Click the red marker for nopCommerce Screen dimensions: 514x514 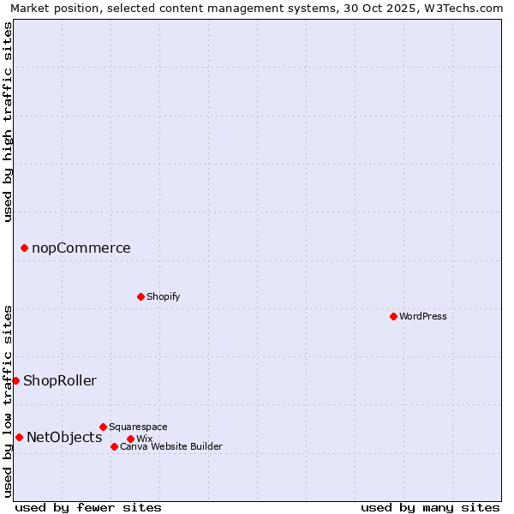click(24, 248)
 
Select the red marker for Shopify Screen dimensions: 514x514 click(140, 296)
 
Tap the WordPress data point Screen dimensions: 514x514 click(393, 316)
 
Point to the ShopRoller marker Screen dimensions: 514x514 click(15, 380)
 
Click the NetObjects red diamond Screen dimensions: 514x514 click(19, 438)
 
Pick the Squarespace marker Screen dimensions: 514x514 click(103, 427)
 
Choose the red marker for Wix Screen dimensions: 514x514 click(130, 439)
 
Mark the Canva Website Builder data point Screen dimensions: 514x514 click(114, 446)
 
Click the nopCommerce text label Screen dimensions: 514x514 click(81, 248)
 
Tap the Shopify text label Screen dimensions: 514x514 click(163, 296)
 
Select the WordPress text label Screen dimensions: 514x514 click(423, 316)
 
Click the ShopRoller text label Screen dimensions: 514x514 click(60, 380)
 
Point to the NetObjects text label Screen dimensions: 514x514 click(64, 438)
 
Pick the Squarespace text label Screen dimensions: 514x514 click(138, 427)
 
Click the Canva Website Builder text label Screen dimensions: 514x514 click(171, 446)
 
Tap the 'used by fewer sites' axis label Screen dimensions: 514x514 click(88, 507)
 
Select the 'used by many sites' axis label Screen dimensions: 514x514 click(430, 507)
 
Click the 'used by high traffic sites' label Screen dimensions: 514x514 click(8, 122)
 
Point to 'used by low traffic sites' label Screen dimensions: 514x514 click(8, 400)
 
